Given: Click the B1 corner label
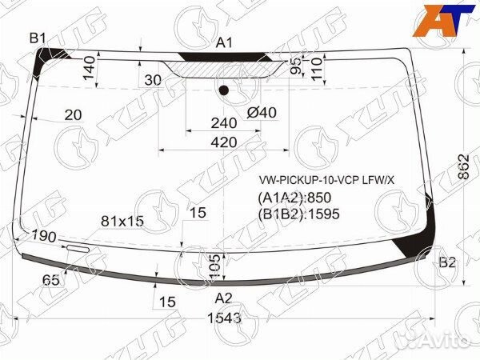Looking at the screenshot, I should [x=38, y=38].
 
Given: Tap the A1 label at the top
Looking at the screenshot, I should [x=225, y=42].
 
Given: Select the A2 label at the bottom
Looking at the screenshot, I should [x=224, y=298].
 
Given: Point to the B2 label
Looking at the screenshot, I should [x=447, y=262].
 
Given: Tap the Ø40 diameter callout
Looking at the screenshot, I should [x=262, y=112].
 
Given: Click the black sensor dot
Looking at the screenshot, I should [x=224, y=90].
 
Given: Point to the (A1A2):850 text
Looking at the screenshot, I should [x=294, y=198].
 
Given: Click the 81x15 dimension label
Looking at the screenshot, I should [x=122, y=220].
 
